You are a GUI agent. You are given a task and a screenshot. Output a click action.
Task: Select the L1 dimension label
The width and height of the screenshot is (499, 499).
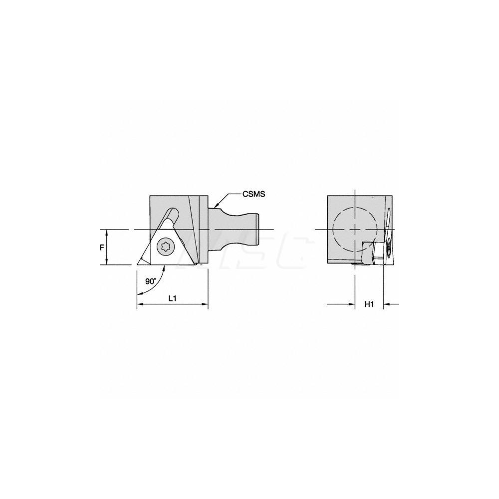(x=172, y=298)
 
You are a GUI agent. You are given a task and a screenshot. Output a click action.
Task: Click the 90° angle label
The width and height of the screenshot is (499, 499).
(x=151, y=281)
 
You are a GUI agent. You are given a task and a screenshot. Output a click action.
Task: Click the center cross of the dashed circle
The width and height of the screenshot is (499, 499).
(x=354, y=229)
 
